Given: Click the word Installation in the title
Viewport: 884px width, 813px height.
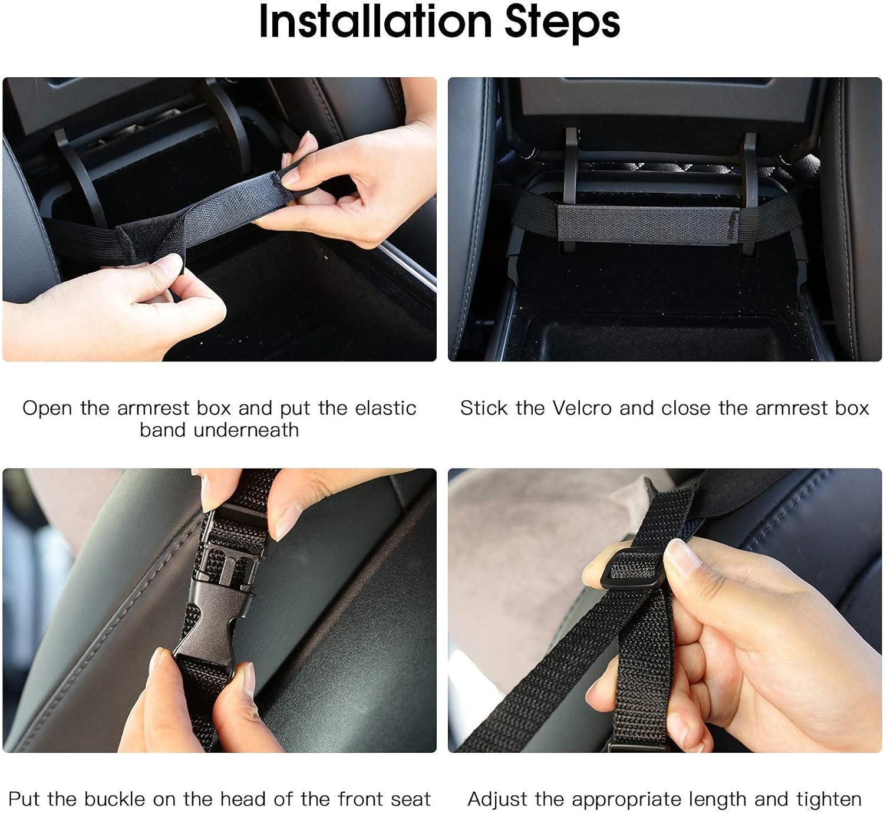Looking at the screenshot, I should coord(375,22).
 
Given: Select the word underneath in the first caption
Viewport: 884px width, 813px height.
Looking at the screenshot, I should coord(246,430).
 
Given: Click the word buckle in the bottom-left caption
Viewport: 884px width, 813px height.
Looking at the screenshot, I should coord(114,799).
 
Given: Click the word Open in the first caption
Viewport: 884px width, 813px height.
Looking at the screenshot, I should coord(47,408).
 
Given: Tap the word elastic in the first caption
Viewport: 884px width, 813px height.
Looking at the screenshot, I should coord(385,408).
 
